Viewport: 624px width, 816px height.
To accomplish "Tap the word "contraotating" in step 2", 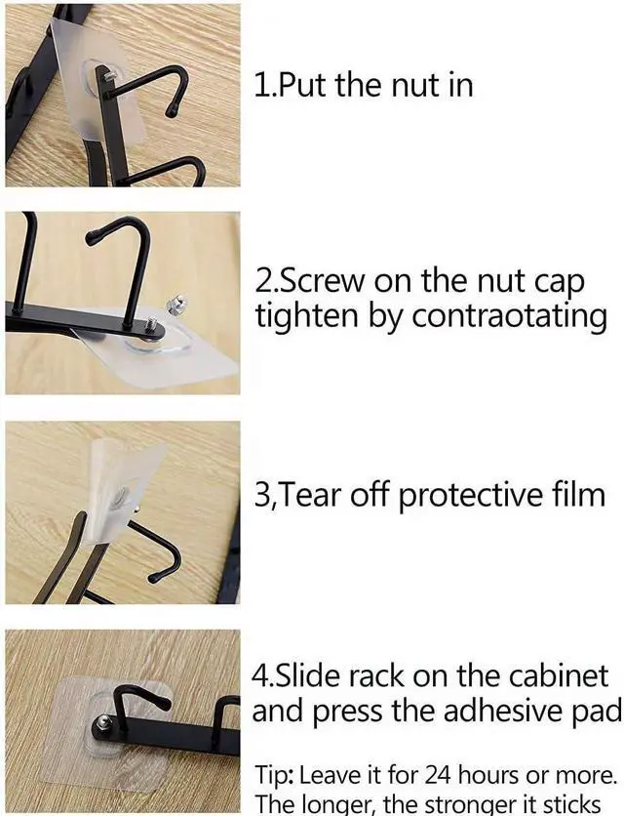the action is (x=509, y=316).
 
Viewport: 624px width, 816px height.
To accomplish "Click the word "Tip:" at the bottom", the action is (x=276, y=776).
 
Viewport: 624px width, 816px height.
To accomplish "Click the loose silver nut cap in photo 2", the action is (x=176, y=303).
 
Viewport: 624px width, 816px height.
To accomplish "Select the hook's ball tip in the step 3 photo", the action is (x=154, y=577).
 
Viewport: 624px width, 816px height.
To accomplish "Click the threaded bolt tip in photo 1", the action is (x=110, y=76).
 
